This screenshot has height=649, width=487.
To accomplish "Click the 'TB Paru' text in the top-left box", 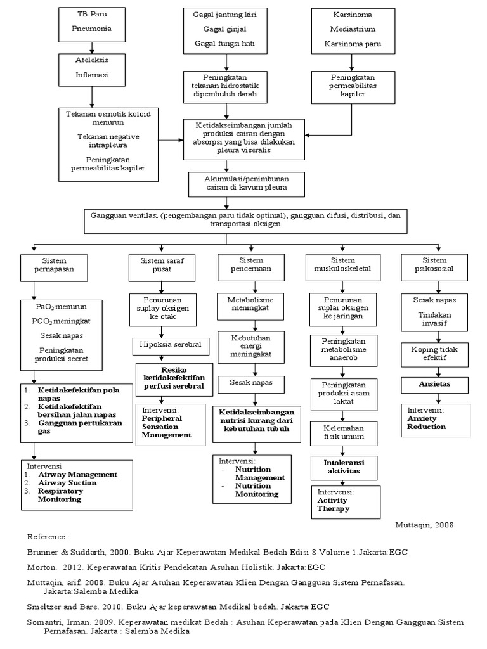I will click(x=93, y=14).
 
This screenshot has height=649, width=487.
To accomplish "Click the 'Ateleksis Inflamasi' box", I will click(x=93, y=68).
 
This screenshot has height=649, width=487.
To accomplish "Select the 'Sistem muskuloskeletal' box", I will click(x=343, y=266).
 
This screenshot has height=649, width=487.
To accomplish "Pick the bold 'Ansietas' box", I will click(x=434, y=385).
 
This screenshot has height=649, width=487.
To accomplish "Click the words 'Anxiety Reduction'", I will click(x=426, y=422).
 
